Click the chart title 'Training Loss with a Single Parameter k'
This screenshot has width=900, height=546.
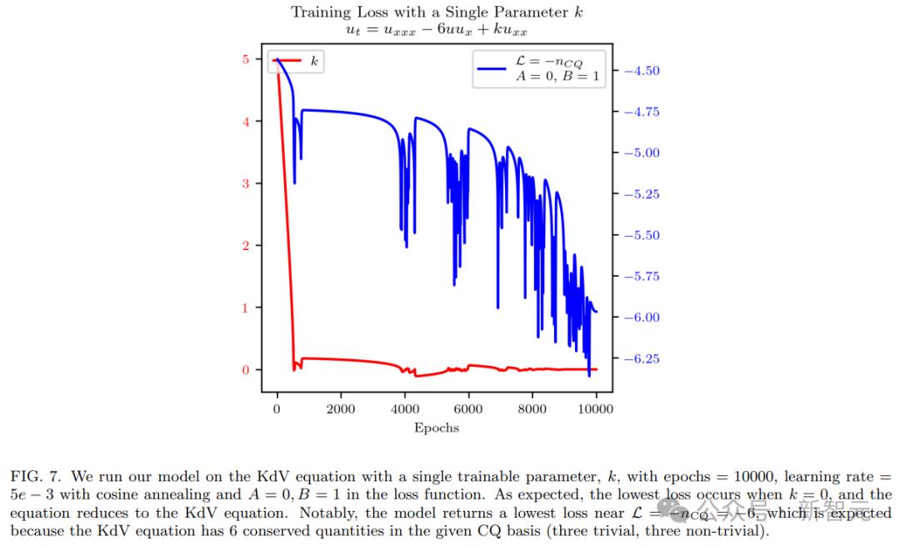click(x=437, y=12)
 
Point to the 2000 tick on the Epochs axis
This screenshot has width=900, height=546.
click(x=341, y=409)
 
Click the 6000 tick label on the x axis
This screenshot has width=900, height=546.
click(x=468, y=409)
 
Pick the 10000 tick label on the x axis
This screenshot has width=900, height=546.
click(x=596, y=409)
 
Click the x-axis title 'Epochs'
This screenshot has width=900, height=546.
click(x=437, y=428)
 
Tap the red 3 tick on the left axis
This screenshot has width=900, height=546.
click(x=245, y=183)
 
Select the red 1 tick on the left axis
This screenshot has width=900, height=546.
click(x=245, y=308)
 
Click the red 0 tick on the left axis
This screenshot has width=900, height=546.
click(x=245, y=370)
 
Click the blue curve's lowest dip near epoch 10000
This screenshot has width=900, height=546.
click(x=589, y=375)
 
